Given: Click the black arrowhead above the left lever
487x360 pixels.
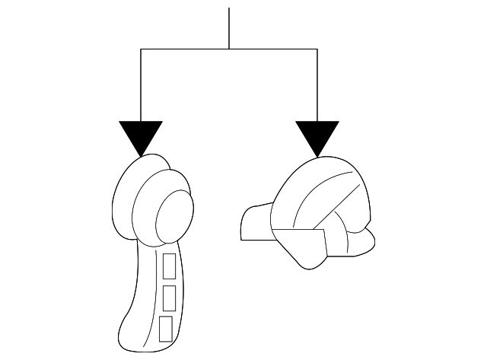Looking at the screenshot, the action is [142, 135].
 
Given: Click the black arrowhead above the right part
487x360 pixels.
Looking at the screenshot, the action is [317, 135].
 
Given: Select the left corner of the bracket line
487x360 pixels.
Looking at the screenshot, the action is [142, 49].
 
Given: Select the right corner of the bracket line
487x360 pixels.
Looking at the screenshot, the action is [317, 49].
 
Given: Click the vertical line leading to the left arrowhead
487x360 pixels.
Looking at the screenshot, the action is [142, 84].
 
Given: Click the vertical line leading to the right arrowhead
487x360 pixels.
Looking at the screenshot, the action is [317, 84].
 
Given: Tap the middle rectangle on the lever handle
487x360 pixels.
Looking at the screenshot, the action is [169, 296].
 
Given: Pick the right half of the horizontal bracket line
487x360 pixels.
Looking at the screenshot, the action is [273, 49].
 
